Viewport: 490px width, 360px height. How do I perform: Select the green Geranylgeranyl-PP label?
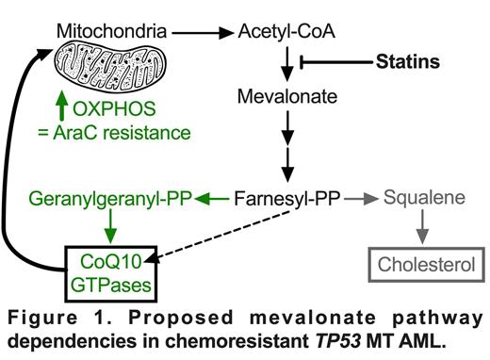109,200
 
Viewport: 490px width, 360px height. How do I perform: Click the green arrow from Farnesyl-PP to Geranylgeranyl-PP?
213,200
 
